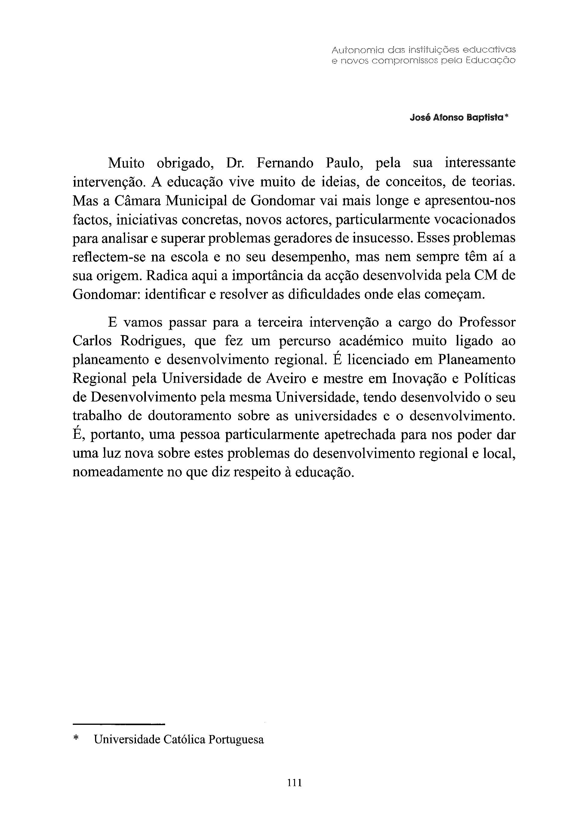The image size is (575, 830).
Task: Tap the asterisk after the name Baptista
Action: tap(506, 116)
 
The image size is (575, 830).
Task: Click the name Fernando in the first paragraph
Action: tap(284, 163)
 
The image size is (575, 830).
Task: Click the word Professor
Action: tap(487, 322)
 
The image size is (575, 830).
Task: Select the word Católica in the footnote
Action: tap(184, 740)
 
